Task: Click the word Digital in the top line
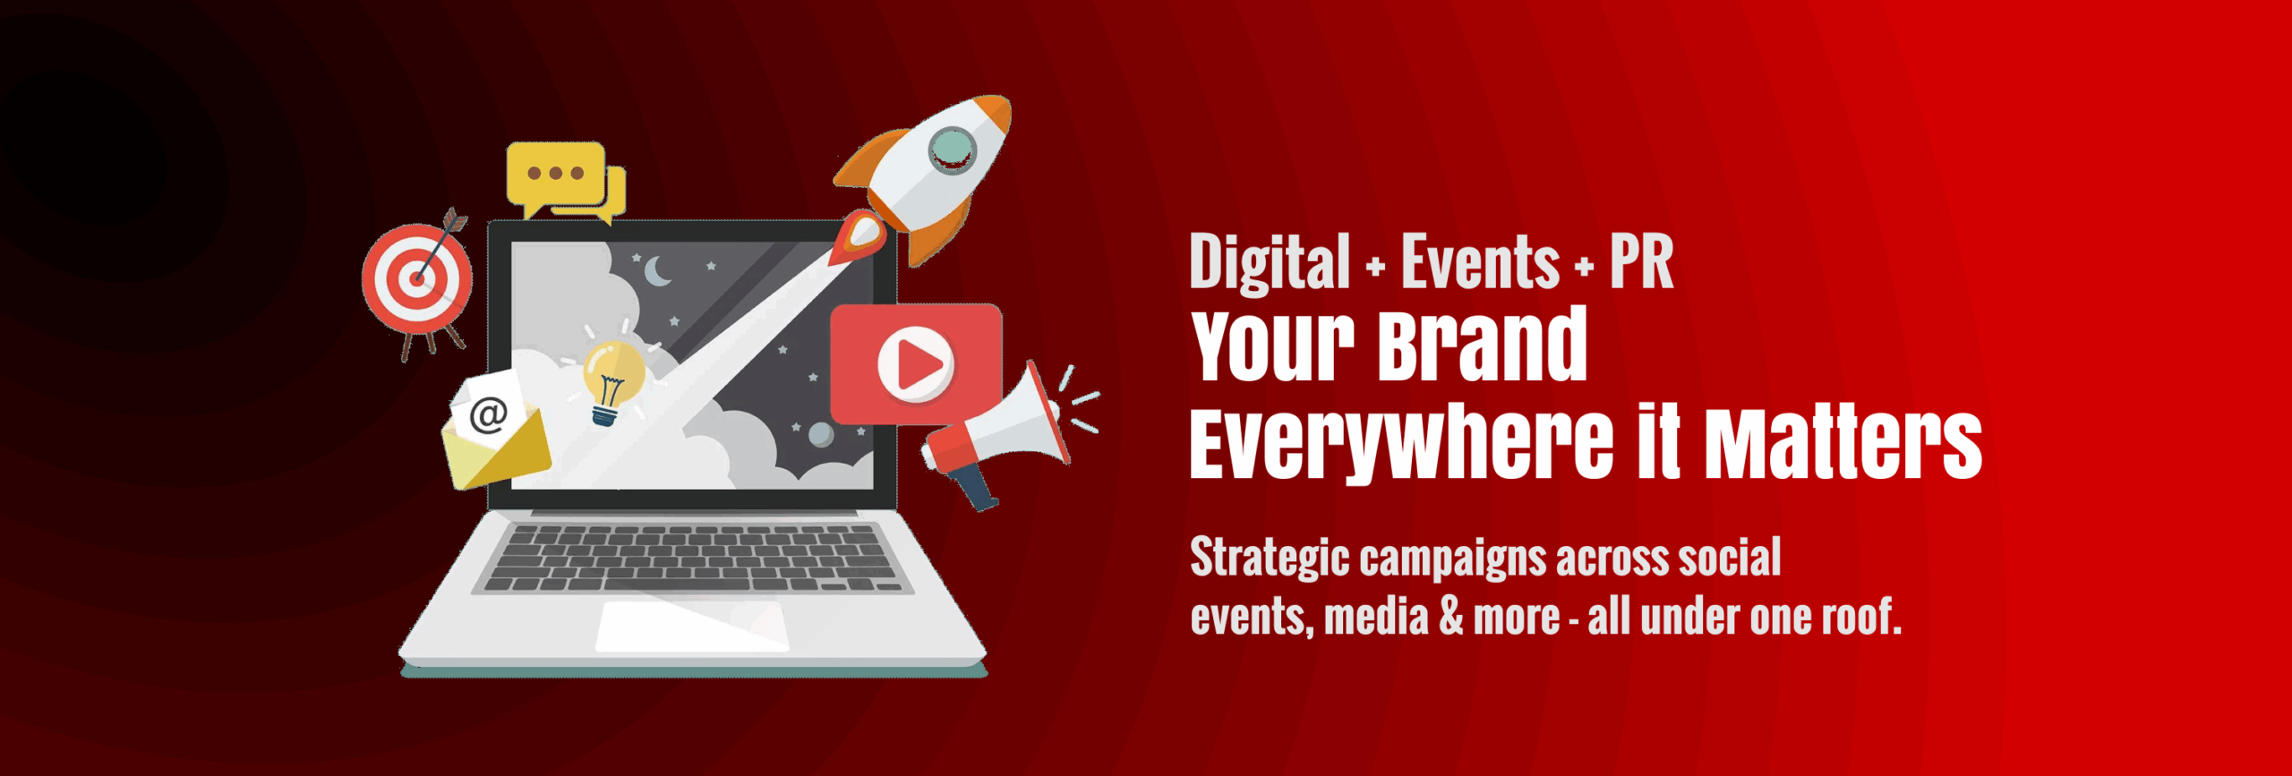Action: point(1270,262)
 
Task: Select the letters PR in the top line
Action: point(1642,262)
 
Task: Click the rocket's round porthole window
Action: point(952,149)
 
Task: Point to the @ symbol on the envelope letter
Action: point(489,414)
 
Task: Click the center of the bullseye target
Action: point(415,277)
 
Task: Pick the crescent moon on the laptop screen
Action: point(657,270)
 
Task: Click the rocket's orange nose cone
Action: point(993,114)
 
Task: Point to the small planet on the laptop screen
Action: point(821,435)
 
